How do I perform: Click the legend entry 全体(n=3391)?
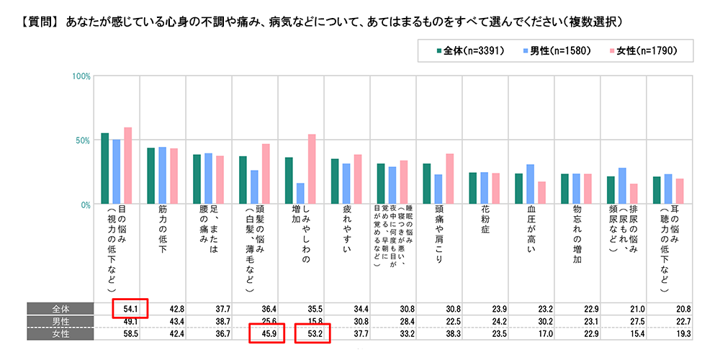(x=474, y=51)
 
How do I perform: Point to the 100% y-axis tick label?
(x=80, y=76)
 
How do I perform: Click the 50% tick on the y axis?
(x=82, y=140)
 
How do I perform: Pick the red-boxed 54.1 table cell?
(x=130, y=307)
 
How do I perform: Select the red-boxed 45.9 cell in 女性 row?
(x=268, y=334)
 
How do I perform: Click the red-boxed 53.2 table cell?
(x=313, y=334)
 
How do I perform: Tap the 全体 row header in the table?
(x=60, y=308)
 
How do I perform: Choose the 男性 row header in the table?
(x=60, y=321)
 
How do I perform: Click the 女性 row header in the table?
(x=60, y=334)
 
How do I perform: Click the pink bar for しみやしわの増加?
(x=312, y=169)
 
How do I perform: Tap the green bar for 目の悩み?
(x=105, y=168)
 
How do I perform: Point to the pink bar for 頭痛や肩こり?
(x=450, y=179)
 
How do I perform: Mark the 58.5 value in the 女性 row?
(x=130, y=334)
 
